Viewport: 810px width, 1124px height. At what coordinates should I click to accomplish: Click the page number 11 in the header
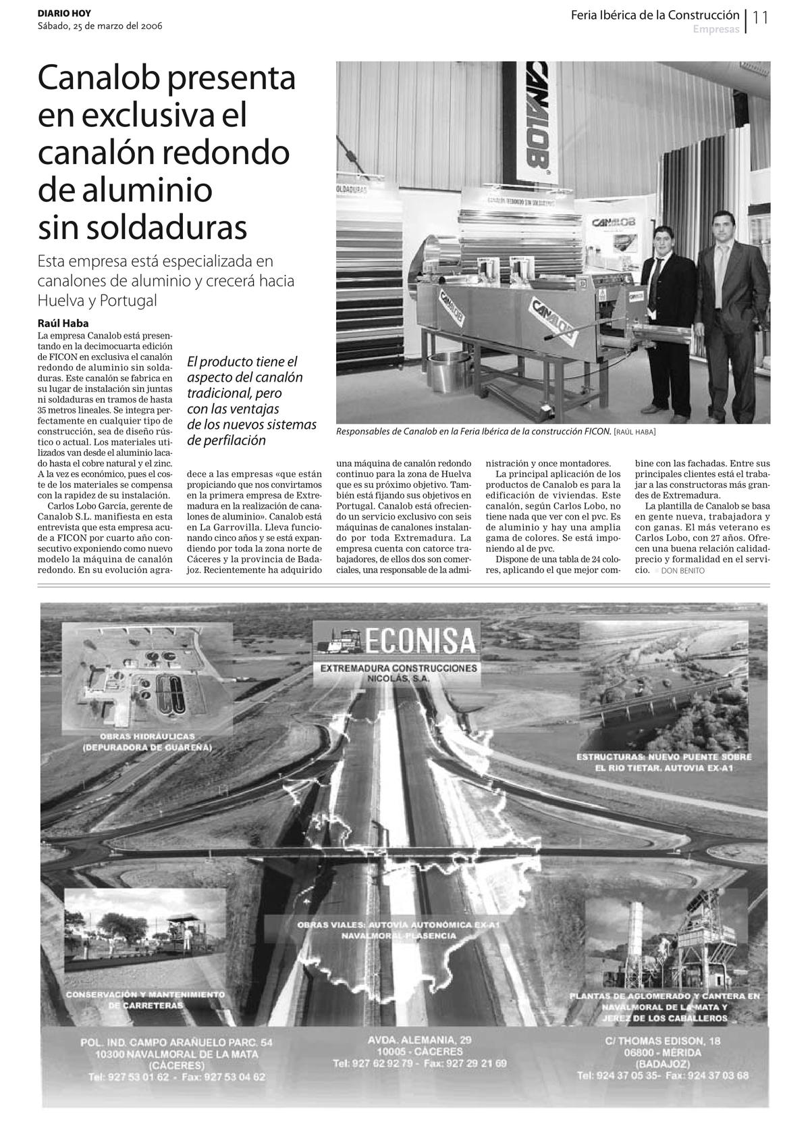[761, 18]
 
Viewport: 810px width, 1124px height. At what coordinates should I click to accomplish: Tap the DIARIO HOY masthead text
[64, 14]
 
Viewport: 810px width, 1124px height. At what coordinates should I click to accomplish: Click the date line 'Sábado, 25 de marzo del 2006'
[99, 26]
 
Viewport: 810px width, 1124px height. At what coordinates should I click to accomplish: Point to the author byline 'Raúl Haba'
[63, 323]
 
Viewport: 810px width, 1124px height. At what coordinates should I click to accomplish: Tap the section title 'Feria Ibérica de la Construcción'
[655, 15]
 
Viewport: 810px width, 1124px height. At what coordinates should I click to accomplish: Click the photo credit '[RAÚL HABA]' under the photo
[634, 432]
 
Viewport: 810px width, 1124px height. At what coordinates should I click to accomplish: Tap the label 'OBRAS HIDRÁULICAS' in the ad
[147, 736]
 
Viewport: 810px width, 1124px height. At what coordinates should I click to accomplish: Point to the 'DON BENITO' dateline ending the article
[682, 571]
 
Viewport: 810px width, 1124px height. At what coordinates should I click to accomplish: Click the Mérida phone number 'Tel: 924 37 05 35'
[619, 1075]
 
